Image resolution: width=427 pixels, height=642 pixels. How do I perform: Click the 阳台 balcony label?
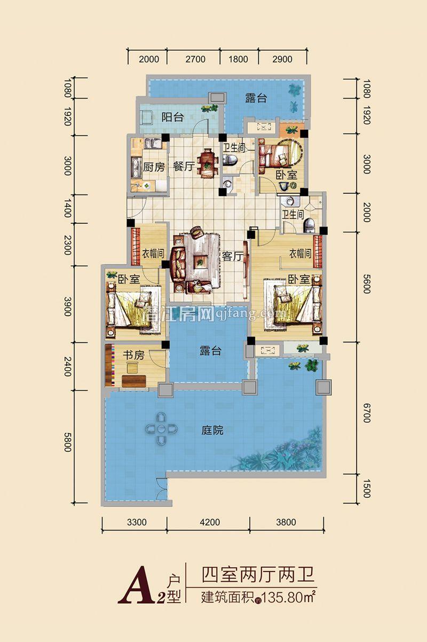pyautogui.click(x=172, y=118)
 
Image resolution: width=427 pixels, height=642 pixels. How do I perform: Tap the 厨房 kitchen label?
pyautogui.click(x=154, y=166)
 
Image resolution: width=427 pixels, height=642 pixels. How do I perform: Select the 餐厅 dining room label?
pyautogui.click(x=183, y=166)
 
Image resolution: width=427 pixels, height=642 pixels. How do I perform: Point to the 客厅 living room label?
pyautogui.click(x=232, y=257)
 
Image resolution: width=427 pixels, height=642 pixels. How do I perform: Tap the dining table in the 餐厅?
pyautogui.click(x=206, y=161)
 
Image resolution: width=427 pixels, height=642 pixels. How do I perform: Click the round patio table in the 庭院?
pyautogui.click(x=161, y=428)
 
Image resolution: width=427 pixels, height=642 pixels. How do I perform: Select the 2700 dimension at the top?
pyautogui.click(x=194, y=59)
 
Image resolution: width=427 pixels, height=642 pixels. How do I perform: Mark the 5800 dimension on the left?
pyautogui.click(x=68, y=441)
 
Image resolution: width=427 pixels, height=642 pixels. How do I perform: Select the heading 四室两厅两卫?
pyautogui.click(x=256, y=576)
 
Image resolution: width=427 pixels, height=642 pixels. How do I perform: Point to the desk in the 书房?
pyautogui.click(x=134, y=380)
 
